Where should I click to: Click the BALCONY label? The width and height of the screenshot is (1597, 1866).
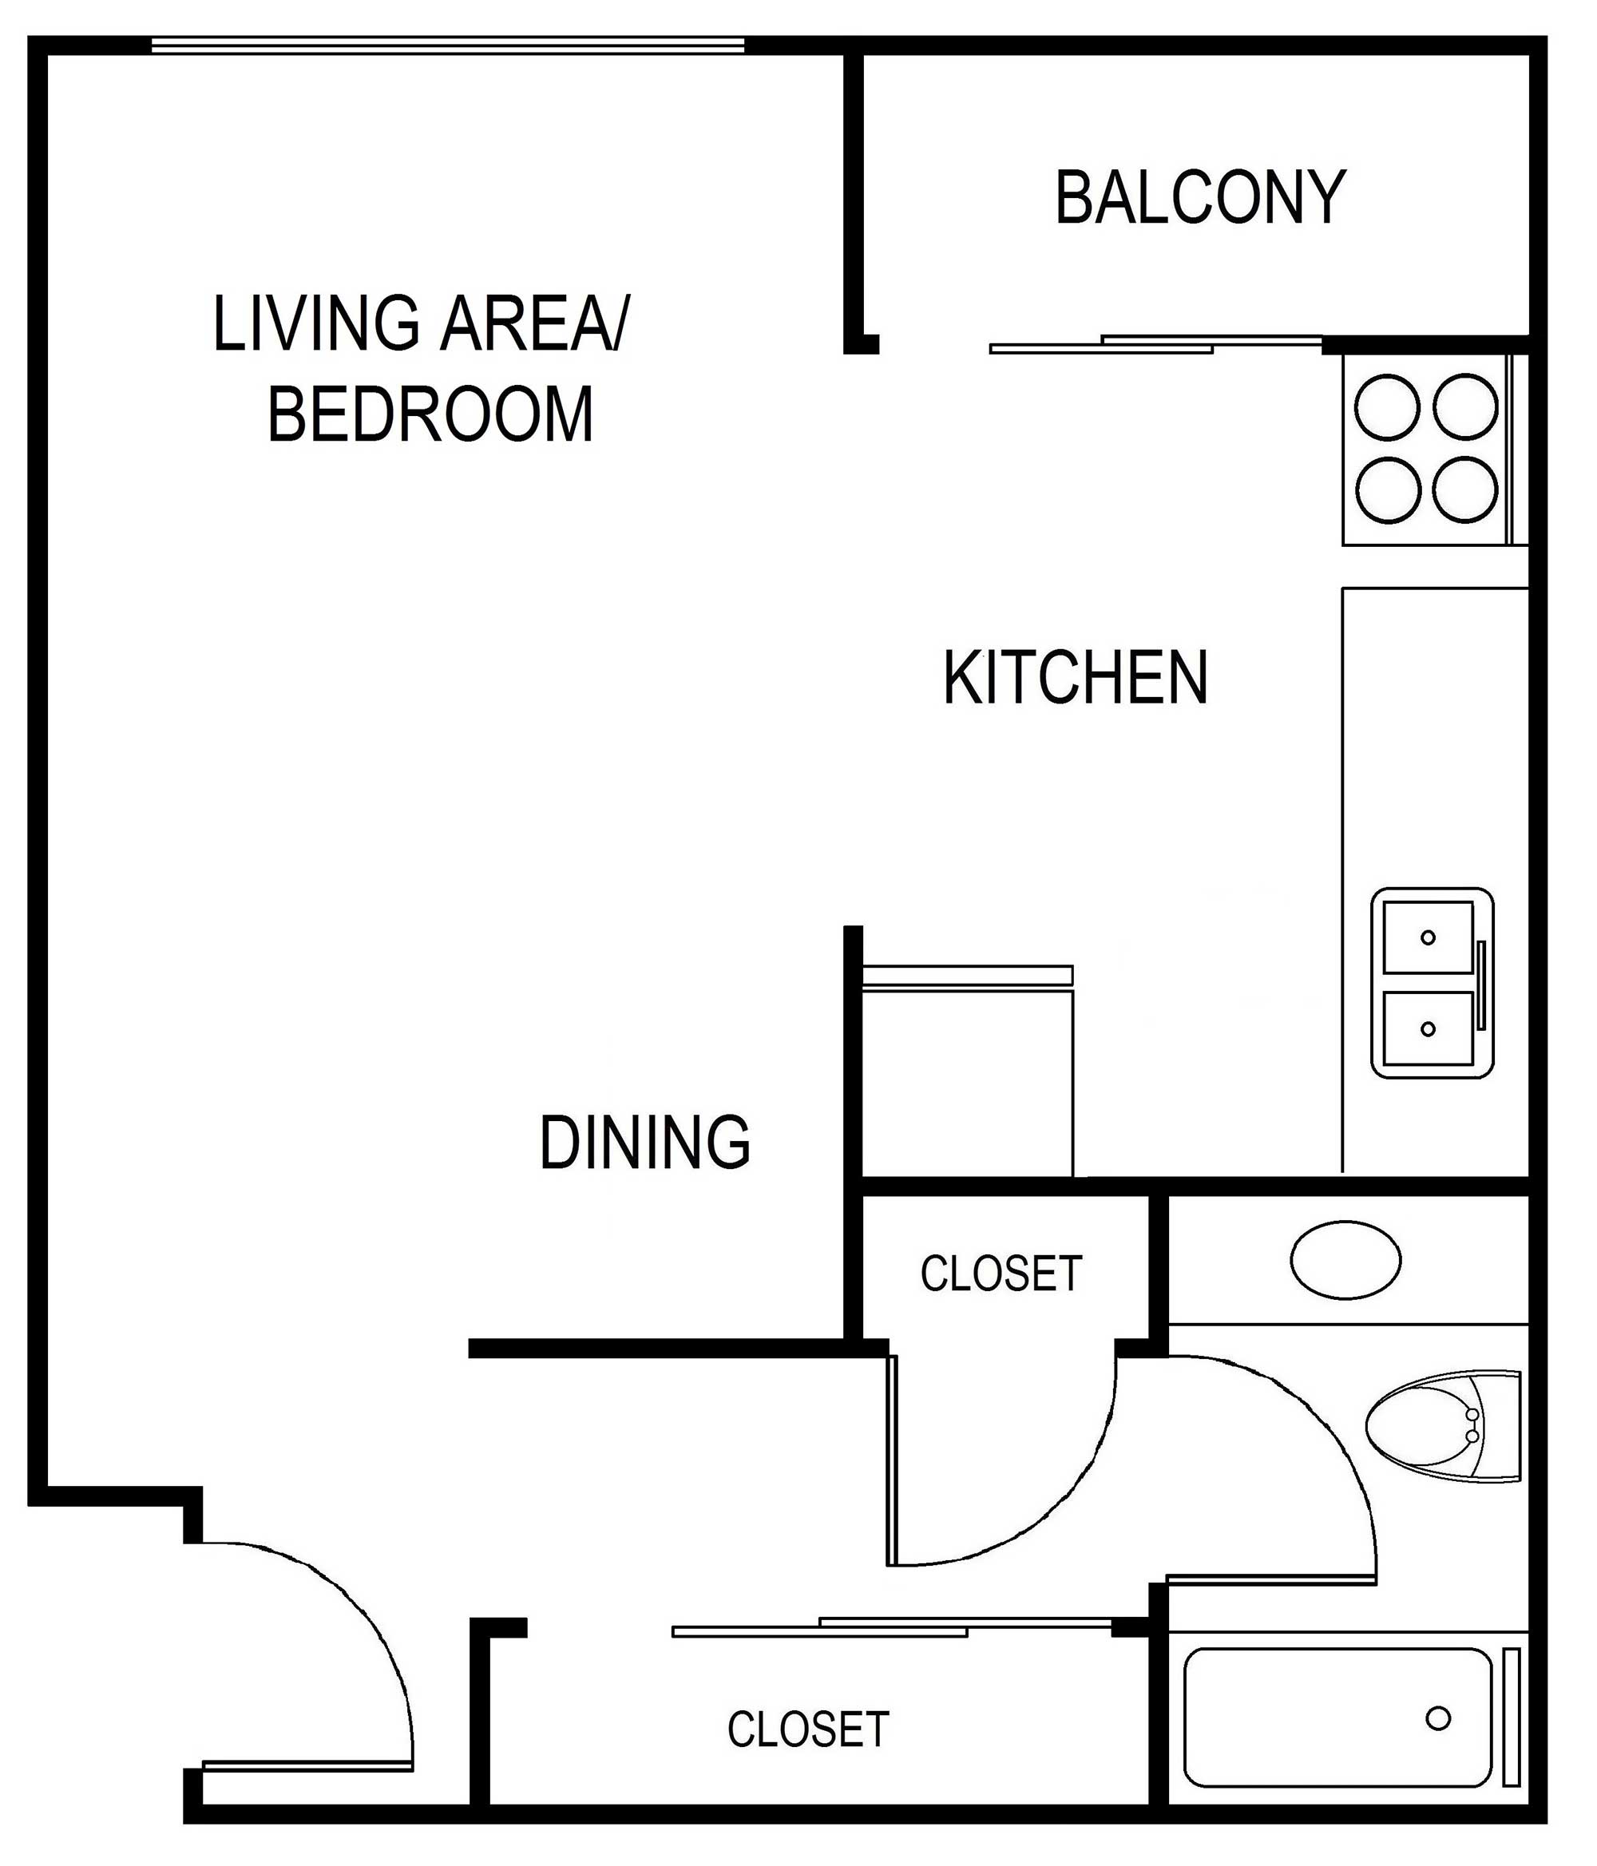pos(1200,197)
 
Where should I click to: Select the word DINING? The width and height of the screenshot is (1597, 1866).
pos(645,1142)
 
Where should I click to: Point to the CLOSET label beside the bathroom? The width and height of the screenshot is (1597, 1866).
pos(1001,1274)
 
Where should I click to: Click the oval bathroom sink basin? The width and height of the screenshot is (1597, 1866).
pos(1345,1259)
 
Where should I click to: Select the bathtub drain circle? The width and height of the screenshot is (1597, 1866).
pos(1438,1718)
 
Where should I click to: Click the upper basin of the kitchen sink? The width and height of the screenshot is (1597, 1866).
pos(1428,937)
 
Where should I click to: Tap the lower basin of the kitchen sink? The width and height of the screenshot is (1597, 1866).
pos(1428,1028)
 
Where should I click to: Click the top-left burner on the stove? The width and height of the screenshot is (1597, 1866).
pos(1387,406)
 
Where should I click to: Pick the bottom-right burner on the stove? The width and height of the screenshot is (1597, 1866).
pos(1465,489)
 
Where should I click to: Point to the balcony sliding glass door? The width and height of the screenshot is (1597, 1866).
pos(1156,343)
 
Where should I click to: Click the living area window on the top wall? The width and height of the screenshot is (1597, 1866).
pos(448,45)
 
